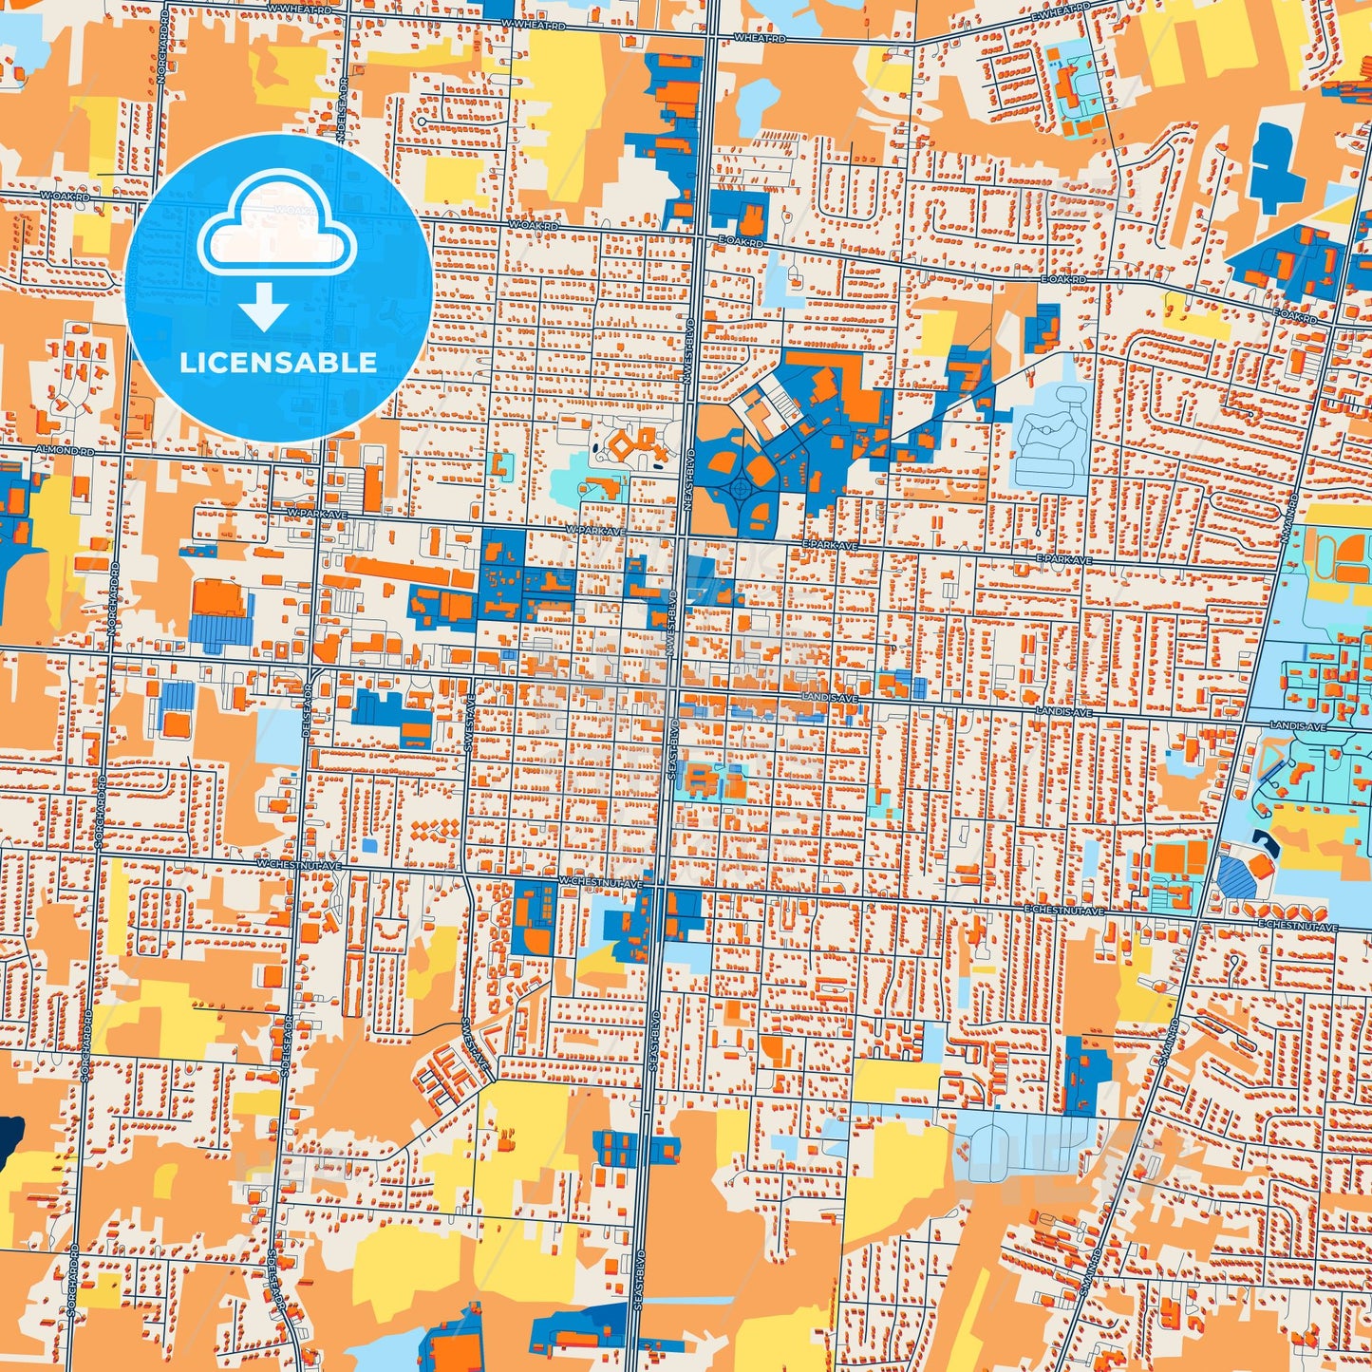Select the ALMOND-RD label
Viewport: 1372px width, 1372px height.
[x=66, y=449]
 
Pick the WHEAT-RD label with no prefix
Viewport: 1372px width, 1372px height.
[x=761, y=38]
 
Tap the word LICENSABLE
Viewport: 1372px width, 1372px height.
[x=278, y=362]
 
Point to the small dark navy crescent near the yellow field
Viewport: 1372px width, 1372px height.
[x=1264, y=838]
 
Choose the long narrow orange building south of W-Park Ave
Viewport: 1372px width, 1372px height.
[x=400, y=570]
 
